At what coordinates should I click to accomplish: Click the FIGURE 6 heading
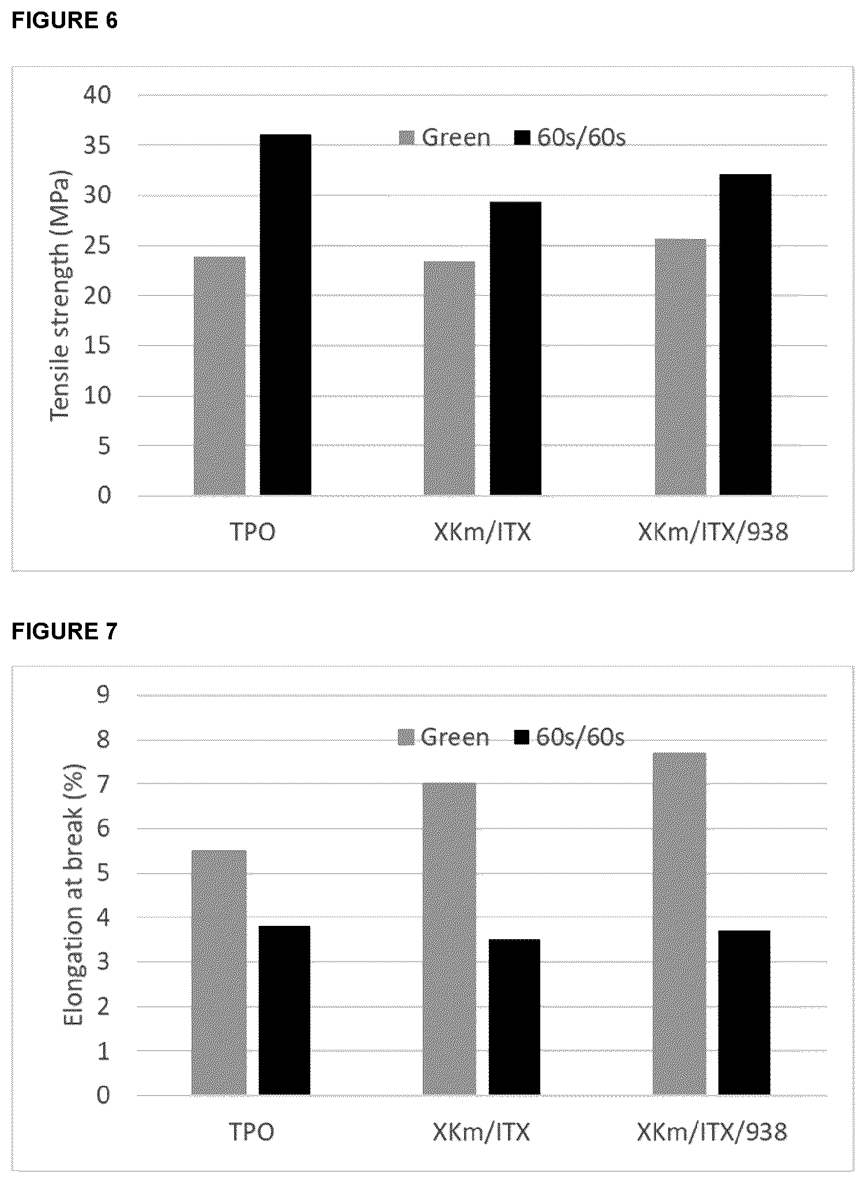point(65,21)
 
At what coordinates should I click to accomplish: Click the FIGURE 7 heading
point(65,632)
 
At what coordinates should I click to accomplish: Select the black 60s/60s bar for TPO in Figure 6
point(285,315)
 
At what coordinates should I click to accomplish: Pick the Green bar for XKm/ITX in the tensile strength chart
point(450,378)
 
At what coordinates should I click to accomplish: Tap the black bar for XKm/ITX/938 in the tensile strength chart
point(745,334)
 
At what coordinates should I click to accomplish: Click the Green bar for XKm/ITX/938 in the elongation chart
point(679,923)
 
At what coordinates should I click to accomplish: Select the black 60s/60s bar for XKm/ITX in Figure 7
point(514,1016)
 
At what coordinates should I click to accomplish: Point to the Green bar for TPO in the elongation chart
point(219,972)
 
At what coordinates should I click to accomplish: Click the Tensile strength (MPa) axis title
point(59,295)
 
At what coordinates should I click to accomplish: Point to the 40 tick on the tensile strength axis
point(97,95)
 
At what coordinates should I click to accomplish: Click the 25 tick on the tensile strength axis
point(97,246)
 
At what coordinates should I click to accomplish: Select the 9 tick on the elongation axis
point(103,695)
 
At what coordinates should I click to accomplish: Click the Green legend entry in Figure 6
point(445,138)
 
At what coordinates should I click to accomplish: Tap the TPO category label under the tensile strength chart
point(253,532)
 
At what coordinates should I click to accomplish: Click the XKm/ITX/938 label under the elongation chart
point(712,1132)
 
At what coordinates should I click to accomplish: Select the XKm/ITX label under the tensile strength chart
point(482,532)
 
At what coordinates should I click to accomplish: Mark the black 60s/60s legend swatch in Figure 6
point(522,138)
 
